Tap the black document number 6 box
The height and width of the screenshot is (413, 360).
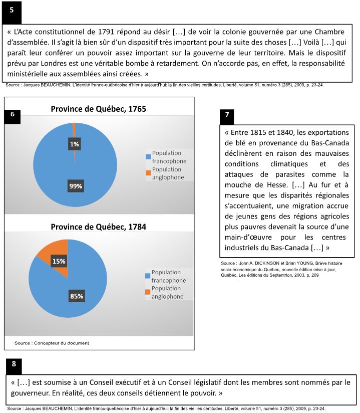12,114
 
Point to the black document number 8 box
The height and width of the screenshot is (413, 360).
14,364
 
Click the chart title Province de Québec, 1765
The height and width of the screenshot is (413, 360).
98,109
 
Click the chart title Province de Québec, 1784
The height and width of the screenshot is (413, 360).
98,227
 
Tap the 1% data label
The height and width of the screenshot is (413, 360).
74,144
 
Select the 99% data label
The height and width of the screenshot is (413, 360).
76,186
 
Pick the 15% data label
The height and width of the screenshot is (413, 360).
59,261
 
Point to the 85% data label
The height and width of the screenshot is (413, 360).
76,296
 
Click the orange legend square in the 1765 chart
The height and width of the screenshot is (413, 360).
148,173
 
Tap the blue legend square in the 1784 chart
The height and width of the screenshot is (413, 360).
148,276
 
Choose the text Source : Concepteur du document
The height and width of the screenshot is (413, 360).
52,343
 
